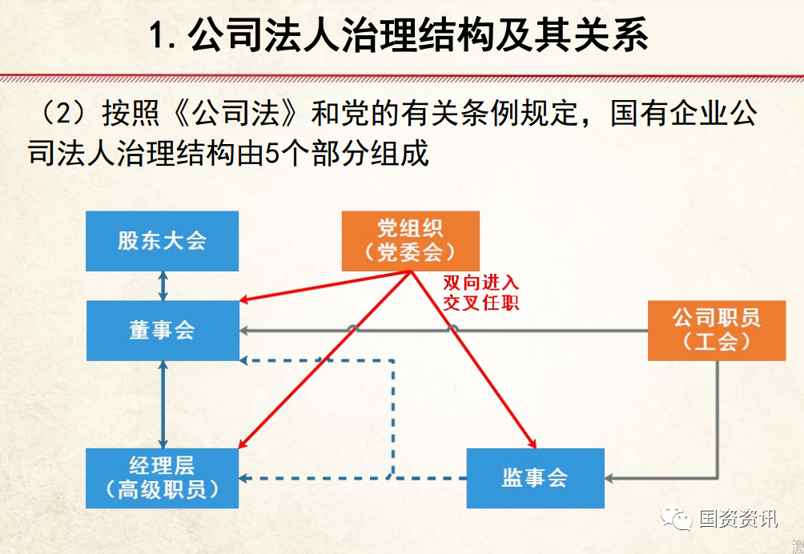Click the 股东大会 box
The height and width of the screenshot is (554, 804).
point(163,240)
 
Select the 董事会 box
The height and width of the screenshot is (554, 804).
point(163,330)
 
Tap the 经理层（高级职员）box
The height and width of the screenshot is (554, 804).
point(163,478)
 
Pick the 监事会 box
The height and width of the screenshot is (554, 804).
point(534,478)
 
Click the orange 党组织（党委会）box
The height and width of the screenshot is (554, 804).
point(410,240)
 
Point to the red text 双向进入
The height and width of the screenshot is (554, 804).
point(481,284)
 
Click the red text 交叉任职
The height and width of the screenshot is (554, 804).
point(481,303)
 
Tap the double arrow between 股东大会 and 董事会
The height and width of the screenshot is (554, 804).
point(163,285)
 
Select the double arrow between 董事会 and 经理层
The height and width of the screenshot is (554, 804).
point(163,403)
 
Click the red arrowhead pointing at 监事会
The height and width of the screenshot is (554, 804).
point(530,441)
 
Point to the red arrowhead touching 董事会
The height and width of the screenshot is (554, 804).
point(245,302)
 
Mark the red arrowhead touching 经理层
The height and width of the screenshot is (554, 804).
point(243,444)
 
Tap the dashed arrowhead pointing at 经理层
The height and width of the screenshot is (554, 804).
point(245,479)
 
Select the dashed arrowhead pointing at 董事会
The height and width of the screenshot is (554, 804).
point(245,359)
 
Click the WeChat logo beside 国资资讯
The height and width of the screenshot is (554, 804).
point(677,520)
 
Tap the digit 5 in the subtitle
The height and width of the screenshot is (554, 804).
point(271,154)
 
